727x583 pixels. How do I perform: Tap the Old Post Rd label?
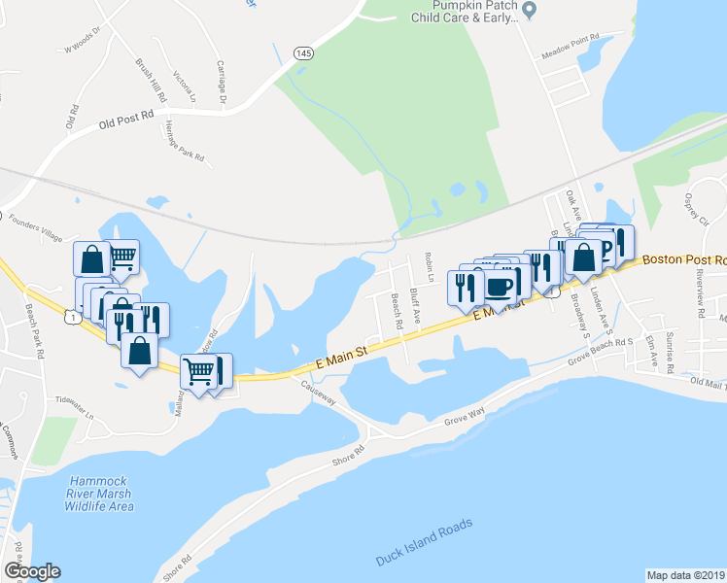pyautogui.click(x=126, y=120)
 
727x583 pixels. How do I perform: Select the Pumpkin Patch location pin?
pyautogui.click(x=530, y=11)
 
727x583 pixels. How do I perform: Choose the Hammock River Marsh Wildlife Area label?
pyautogui.click(x=101, y=494)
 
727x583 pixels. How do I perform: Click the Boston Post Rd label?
pyautogui.click(x=684, y=260)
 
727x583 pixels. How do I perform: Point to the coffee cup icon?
pyautogui.click(x=500, y=286)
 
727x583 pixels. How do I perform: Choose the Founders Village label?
pyautogui.click(x=35, y=232)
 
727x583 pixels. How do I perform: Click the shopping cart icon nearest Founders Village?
pyautogui.click(x=121, y=257)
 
